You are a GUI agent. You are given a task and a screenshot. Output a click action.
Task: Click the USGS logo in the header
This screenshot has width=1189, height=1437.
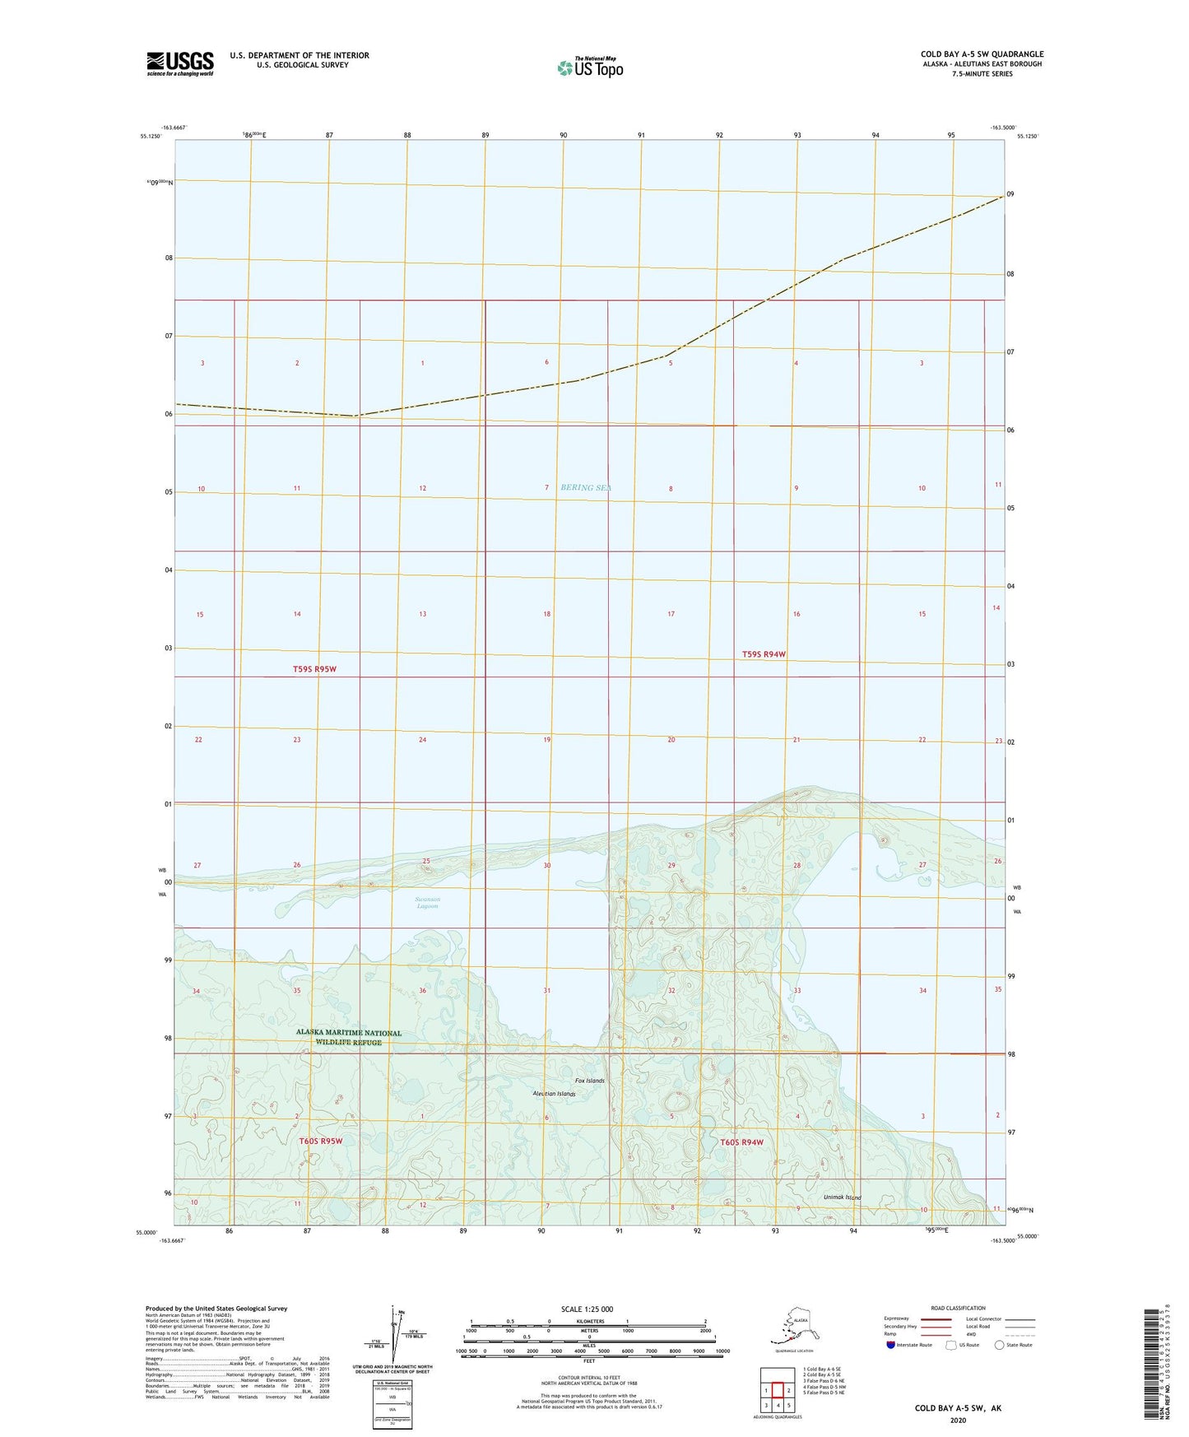point(179,63)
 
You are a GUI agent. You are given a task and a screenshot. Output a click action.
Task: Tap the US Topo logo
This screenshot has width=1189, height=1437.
point(589,67)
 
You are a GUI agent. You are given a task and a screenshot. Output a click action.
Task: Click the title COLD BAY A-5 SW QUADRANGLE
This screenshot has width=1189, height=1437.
point(982,54)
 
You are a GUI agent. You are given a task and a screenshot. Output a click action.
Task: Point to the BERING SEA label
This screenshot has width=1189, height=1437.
point(586,487)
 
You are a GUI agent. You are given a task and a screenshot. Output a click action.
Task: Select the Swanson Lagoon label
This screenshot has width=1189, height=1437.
point(427,902)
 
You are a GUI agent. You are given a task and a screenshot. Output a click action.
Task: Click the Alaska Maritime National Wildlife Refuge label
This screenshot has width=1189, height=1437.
point(349,1037)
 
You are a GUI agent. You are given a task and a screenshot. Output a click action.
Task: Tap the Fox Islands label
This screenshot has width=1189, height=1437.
point(589,1081)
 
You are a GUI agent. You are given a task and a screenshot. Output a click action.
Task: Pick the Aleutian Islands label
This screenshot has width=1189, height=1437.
point(554,1094)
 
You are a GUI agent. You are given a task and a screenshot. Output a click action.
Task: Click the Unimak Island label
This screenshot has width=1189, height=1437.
point(843,1197)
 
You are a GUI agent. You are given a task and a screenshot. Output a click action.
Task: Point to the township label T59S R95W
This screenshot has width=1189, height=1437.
point(314,669)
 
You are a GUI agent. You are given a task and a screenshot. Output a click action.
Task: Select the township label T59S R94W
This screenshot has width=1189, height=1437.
point(764,654)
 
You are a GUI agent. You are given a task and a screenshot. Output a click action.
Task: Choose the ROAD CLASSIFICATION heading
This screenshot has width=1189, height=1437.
point(958,1308)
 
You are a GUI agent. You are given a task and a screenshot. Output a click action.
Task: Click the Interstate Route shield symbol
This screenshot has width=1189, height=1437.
point(891,1345)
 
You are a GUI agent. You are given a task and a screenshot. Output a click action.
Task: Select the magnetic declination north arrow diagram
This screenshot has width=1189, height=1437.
point(392,1339)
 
